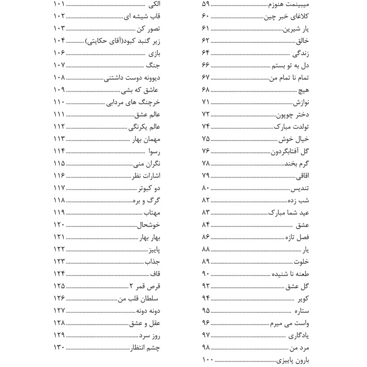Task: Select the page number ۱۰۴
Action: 61,40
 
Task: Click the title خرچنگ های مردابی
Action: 133,102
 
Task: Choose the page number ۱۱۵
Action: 60,164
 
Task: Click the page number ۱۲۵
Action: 60,286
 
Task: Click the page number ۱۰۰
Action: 207,359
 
